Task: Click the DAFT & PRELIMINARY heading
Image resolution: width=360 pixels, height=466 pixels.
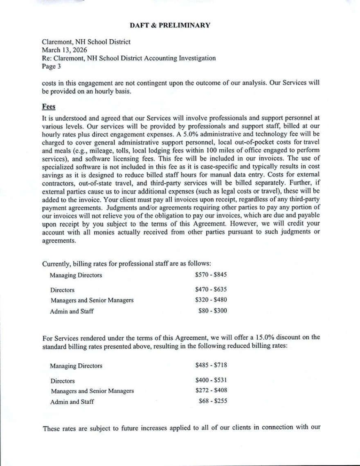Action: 170,25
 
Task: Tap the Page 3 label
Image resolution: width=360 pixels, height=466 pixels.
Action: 51,66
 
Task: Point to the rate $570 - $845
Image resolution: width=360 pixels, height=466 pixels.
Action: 211,275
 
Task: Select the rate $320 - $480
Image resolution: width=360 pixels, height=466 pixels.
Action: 211,300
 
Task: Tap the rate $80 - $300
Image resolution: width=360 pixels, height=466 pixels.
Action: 212,311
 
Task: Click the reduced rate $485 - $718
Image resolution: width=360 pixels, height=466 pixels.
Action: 211,365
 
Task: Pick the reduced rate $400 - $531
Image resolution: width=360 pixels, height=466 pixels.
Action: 211,380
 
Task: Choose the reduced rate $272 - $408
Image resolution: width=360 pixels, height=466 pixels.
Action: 211,390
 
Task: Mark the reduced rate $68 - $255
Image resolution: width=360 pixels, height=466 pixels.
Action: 212,401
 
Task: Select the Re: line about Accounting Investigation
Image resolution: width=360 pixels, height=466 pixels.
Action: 129,58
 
